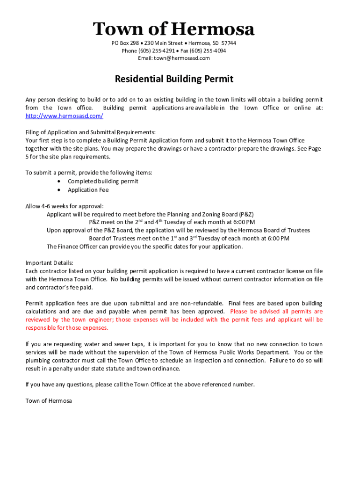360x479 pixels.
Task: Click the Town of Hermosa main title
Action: click(x=174, y=29)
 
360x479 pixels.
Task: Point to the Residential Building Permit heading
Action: click(x=174, y=79)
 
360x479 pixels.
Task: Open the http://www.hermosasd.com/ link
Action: click(x=64, y=116)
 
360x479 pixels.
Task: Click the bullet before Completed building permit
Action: click(x=58, y=181)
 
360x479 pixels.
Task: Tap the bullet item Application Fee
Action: click(x=88, y=190)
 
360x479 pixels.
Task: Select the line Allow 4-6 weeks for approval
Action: click(x=65, y=206)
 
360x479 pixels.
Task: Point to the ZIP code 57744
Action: click(x=228, y=43)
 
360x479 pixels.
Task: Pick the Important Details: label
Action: click(x=49, y=263)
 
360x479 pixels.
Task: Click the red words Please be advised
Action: click(x=252, y=312)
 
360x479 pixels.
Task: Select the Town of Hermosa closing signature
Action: click(x=49, y=401)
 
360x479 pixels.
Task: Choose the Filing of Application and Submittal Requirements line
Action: click(x=90, y=132)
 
